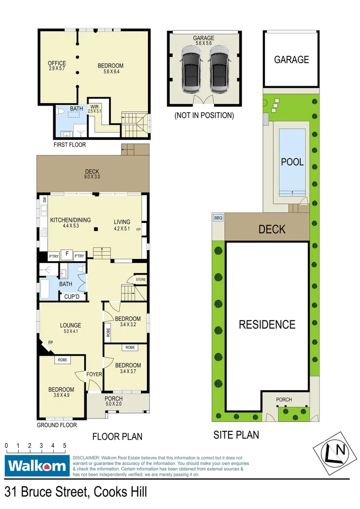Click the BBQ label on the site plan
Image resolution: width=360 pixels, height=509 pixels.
pyautogui.click(x=218, y=218)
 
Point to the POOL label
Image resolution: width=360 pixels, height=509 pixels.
pyautogui.click(x=292, y=162)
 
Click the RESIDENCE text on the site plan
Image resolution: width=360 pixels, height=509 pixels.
pyautogui.click(x=267, y=324)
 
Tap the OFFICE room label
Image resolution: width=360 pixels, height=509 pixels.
pyautogui.click(x=57, y=66)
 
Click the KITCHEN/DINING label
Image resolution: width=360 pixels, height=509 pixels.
pyautogui.click(x=71, y=222)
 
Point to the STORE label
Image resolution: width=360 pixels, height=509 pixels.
pyautogui.click(x=140, y=279)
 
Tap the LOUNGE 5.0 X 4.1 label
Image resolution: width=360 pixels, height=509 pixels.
pyautogui.click(x=70, y=328)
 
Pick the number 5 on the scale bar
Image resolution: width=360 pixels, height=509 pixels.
pyautogui.click(x=64, y=445)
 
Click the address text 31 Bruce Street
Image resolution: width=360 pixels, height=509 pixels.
pyautogui.click(x=75, y=492)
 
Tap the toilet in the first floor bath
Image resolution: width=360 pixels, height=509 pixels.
pyautogui.click(x=60, y=112)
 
